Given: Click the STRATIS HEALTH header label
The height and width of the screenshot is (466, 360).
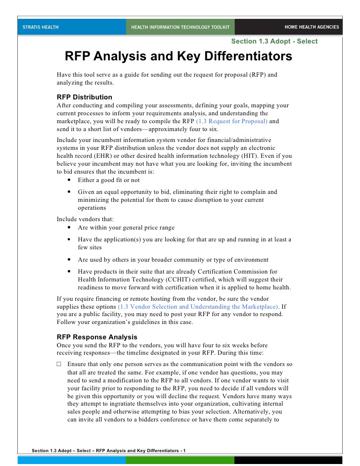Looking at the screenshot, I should pyautogui.click(x=41, y=27).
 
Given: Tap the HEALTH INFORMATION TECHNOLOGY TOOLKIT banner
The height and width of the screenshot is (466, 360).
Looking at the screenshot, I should pyautogui.click(x=180, y=27).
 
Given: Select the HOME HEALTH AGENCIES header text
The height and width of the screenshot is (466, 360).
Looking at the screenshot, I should pyautogui.click(x=312, y=27).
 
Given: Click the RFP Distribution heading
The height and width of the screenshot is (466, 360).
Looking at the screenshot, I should pyautogui.click(x=85, y=97).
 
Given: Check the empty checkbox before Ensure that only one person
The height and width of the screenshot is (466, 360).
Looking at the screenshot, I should pyautogui.click(x=59, y=364).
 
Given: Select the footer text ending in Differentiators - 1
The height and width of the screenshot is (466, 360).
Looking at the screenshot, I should pyautogui.click(x=108, y=450).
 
